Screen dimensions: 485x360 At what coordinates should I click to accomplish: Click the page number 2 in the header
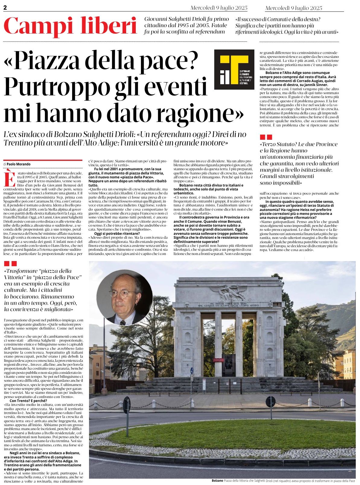(5, 8)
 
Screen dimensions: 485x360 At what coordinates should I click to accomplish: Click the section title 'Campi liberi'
(70, 26)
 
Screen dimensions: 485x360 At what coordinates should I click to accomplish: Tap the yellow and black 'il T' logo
(234, 69)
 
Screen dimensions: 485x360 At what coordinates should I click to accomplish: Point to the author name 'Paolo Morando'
(18, 164)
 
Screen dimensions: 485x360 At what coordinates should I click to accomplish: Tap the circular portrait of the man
(122, 297)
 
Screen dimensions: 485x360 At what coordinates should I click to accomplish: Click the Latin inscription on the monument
(228, 305)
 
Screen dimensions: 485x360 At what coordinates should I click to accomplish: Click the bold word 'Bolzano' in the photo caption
(217, 480)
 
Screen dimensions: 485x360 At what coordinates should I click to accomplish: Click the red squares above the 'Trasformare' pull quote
(11, 264)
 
